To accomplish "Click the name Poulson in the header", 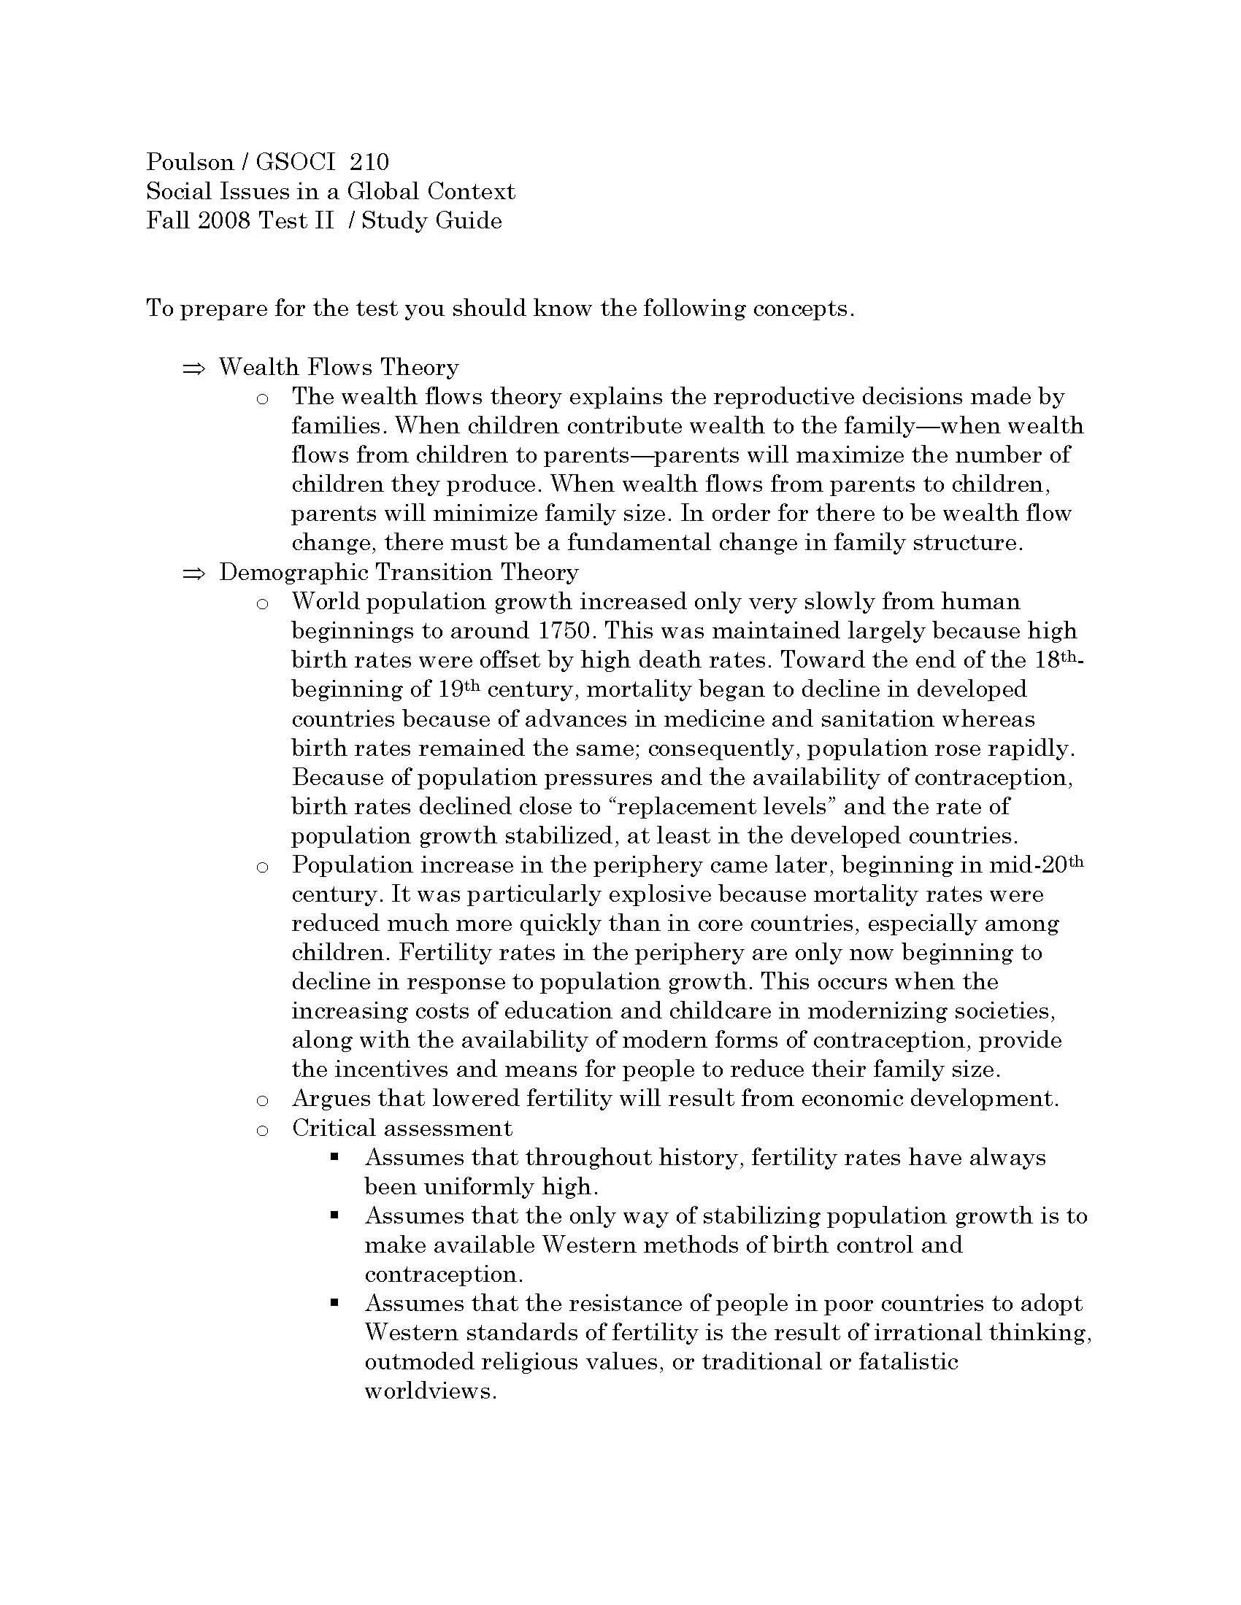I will click(x=188, y=162).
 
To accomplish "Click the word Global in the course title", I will click(x=383, y=191).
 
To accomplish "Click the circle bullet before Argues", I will click(x=262, y=1101).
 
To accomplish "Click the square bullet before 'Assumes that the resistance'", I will click(x=334, y=1303).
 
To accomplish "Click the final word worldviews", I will click(x=429, y=1391).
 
